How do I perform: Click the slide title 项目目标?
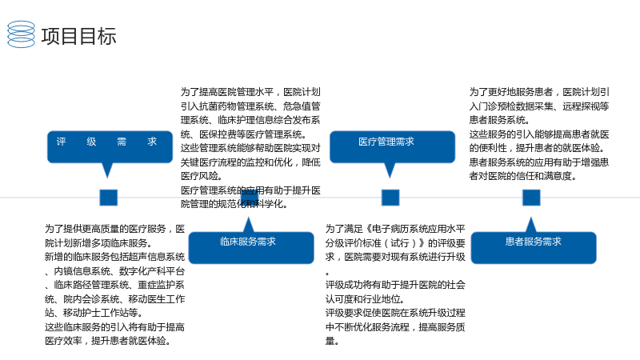(x=78, y=36)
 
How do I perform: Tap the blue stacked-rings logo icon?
(x=22, y=34)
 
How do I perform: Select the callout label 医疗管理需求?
(x=386, y=142)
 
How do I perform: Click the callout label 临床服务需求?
(x=248, y=242)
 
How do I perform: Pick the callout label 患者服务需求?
(x=533, y=242)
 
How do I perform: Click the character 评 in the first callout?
(x=62, y=142)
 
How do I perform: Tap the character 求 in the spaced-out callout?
(x=152, y=142)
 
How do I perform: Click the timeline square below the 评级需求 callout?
(x=109, y=198)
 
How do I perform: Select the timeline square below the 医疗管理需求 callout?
(x=390, y=198)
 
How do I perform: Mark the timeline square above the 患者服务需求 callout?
(x=531, y=198)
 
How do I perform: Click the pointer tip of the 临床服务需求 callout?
(x=248, y=218)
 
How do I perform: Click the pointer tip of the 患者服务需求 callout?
(x=530, y=218)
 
